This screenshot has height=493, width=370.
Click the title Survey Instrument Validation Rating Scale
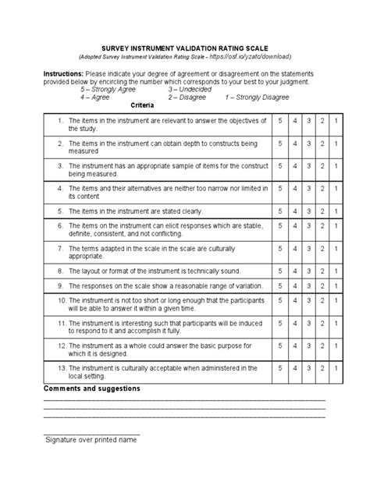tap(185, 48)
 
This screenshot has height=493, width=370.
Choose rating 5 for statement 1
tap(279, 122)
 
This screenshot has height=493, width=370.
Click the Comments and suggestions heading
tap(92, 388)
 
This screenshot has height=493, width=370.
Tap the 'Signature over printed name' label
tap(91, 440)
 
